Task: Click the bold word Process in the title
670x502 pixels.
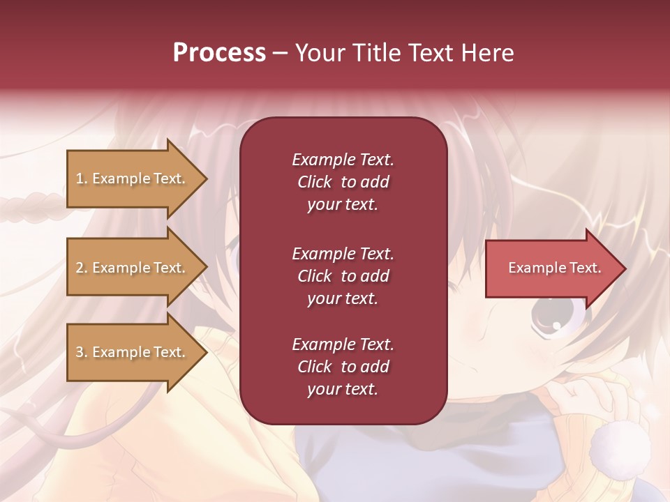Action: click(x=219, y=53)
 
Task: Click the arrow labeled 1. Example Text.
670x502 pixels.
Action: click(x=133, y=178)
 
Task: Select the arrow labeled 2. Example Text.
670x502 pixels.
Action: click(x=133, y=268)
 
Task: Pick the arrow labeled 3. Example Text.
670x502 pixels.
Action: click(x=133, y=352)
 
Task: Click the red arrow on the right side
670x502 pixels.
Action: click(x=551, y=268)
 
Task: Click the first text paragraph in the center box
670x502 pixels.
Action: click(x=343, y=182)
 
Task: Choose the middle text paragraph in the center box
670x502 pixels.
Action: click(x=343, y=276)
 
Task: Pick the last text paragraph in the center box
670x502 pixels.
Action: click(x=343, y=367)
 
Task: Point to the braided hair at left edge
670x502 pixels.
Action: click(x=28, y=207)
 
